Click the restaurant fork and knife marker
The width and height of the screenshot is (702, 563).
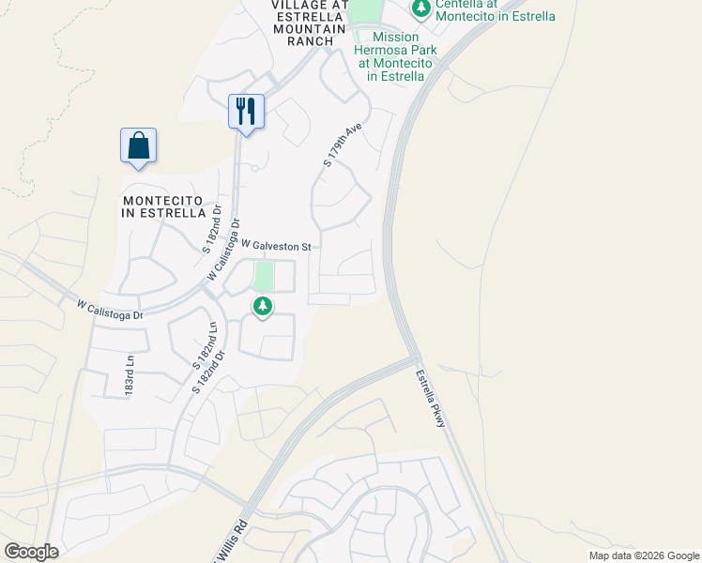pos(246,112)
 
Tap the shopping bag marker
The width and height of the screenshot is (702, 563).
pos(138,146)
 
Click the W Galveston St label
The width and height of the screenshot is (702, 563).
pos(275,246)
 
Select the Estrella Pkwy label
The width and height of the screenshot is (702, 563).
pos(430,398)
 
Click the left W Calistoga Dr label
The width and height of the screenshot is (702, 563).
pos(110,310)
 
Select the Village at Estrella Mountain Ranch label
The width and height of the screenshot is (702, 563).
pos(303,23)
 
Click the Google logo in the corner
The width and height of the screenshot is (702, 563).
pos(31,552)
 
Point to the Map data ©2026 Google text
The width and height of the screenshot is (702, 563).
pos(643,555)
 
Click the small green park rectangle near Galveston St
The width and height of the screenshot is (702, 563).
pos(264,277)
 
